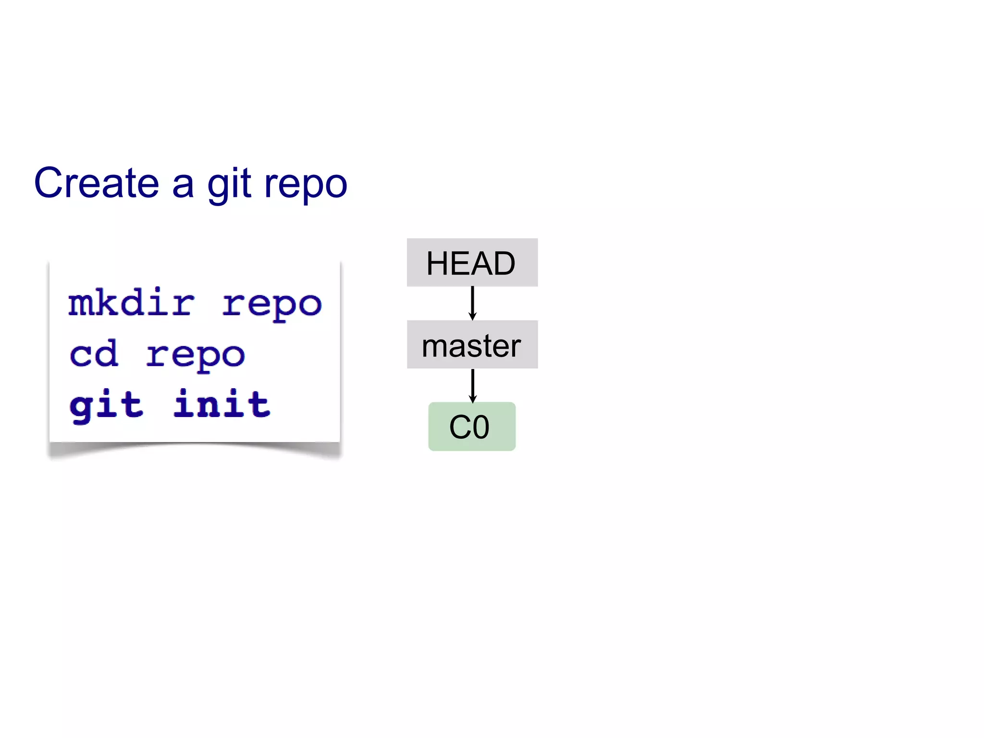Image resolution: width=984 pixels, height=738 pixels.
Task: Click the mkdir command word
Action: (131, 303)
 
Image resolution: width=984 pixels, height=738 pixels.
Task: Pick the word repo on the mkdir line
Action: (271, 305)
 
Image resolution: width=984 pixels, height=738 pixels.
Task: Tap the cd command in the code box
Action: (94, 354)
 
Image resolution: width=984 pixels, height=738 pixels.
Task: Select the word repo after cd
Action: (196, 356)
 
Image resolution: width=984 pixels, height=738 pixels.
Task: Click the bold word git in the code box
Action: (106, 405)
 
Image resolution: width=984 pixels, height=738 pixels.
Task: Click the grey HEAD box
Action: (472, 262)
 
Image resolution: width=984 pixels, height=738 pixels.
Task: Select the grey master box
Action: (472, 344)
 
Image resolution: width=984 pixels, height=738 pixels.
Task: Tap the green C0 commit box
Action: (472, 427)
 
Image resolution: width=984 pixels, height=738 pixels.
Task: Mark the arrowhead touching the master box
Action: (472, 316)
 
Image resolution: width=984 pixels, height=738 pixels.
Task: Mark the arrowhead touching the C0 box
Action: (472, 398)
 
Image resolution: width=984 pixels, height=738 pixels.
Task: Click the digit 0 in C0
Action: (480, 427)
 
